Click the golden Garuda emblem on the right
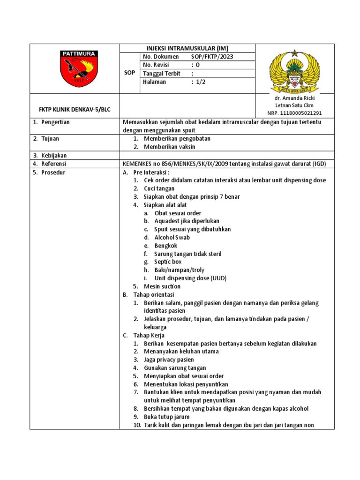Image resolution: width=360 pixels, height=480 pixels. click(294, 71)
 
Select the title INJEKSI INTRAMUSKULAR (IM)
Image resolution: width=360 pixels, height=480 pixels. click(187, 48)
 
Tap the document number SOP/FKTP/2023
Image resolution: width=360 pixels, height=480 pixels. click(212, 57)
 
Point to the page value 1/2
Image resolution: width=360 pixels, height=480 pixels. click(201, 82)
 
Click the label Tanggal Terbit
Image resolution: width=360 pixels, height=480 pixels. click(161, 74)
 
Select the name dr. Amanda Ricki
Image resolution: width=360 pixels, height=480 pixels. click(294, 98)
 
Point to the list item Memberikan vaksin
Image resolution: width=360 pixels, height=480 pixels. click(169, 147)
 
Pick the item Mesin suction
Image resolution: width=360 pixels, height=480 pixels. click(162, 286)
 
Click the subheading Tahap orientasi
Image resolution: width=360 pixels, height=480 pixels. click(153, 295)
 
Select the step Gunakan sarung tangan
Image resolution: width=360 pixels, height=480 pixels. click(174, 368)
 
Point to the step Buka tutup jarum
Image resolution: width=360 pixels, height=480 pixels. click(166, 417)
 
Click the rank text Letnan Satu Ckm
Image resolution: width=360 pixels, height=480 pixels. click(294, 106)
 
